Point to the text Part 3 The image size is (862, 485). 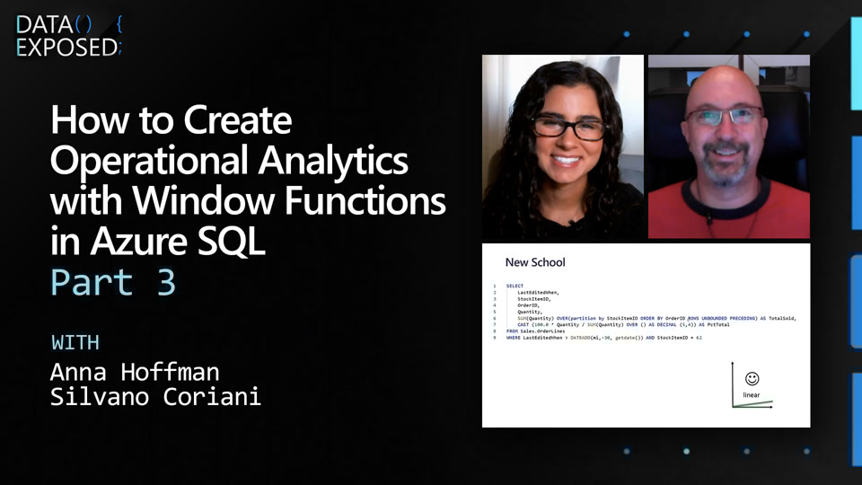113,282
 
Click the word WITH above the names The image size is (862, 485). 75,342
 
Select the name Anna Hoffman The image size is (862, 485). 134,371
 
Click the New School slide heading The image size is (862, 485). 535,262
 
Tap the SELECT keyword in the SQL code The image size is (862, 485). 515,286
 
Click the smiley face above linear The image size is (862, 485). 752,379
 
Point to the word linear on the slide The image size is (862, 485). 752,395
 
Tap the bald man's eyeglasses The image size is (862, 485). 725,116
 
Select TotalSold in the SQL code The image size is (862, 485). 782,318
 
